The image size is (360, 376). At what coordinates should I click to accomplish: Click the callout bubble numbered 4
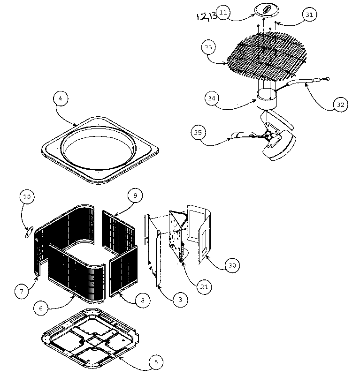coord(61,99)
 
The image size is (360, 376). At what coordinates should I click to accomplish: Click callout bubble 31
coord(308,15)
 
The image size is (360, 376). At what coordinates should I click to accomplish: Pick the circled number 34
coord(212,98)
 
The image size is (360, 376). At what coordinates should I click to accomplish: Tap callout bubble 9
coord(135,196)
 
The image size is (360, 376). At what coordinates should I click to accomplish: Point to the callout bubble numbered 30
coord(231,266)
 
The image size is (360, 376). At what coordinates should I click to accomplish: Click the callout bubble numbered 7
coord(21,291)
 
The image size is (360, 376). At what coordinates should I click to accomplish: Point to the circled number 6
coord(41,308)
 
